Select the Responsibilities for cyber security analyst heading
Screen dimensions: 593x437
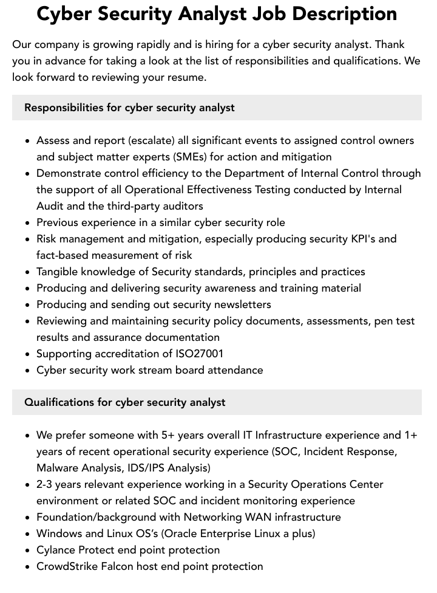129,108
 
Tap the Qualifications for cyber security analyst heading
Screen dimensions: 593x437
124,402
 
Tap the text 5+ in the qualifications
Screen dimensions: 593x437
168,435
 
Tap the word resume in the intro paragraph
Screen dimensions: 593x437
188,77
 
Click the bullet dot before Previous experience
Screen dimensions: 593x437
28,223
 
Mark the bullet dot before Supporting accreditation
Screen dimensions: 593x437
28,354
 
